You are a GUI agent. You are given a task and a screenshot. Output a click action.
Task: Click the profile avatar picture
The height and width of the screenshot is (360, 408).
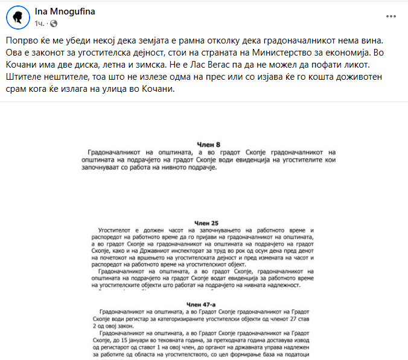coord(18,18)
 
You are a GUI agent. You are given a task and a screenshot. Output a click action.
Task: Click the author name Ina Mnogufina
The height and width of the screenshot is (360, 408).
coord(65,12)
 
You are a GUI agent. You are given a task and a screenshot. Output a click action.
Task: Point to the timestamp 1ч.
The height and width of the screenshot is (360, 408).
coord(40,24)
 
